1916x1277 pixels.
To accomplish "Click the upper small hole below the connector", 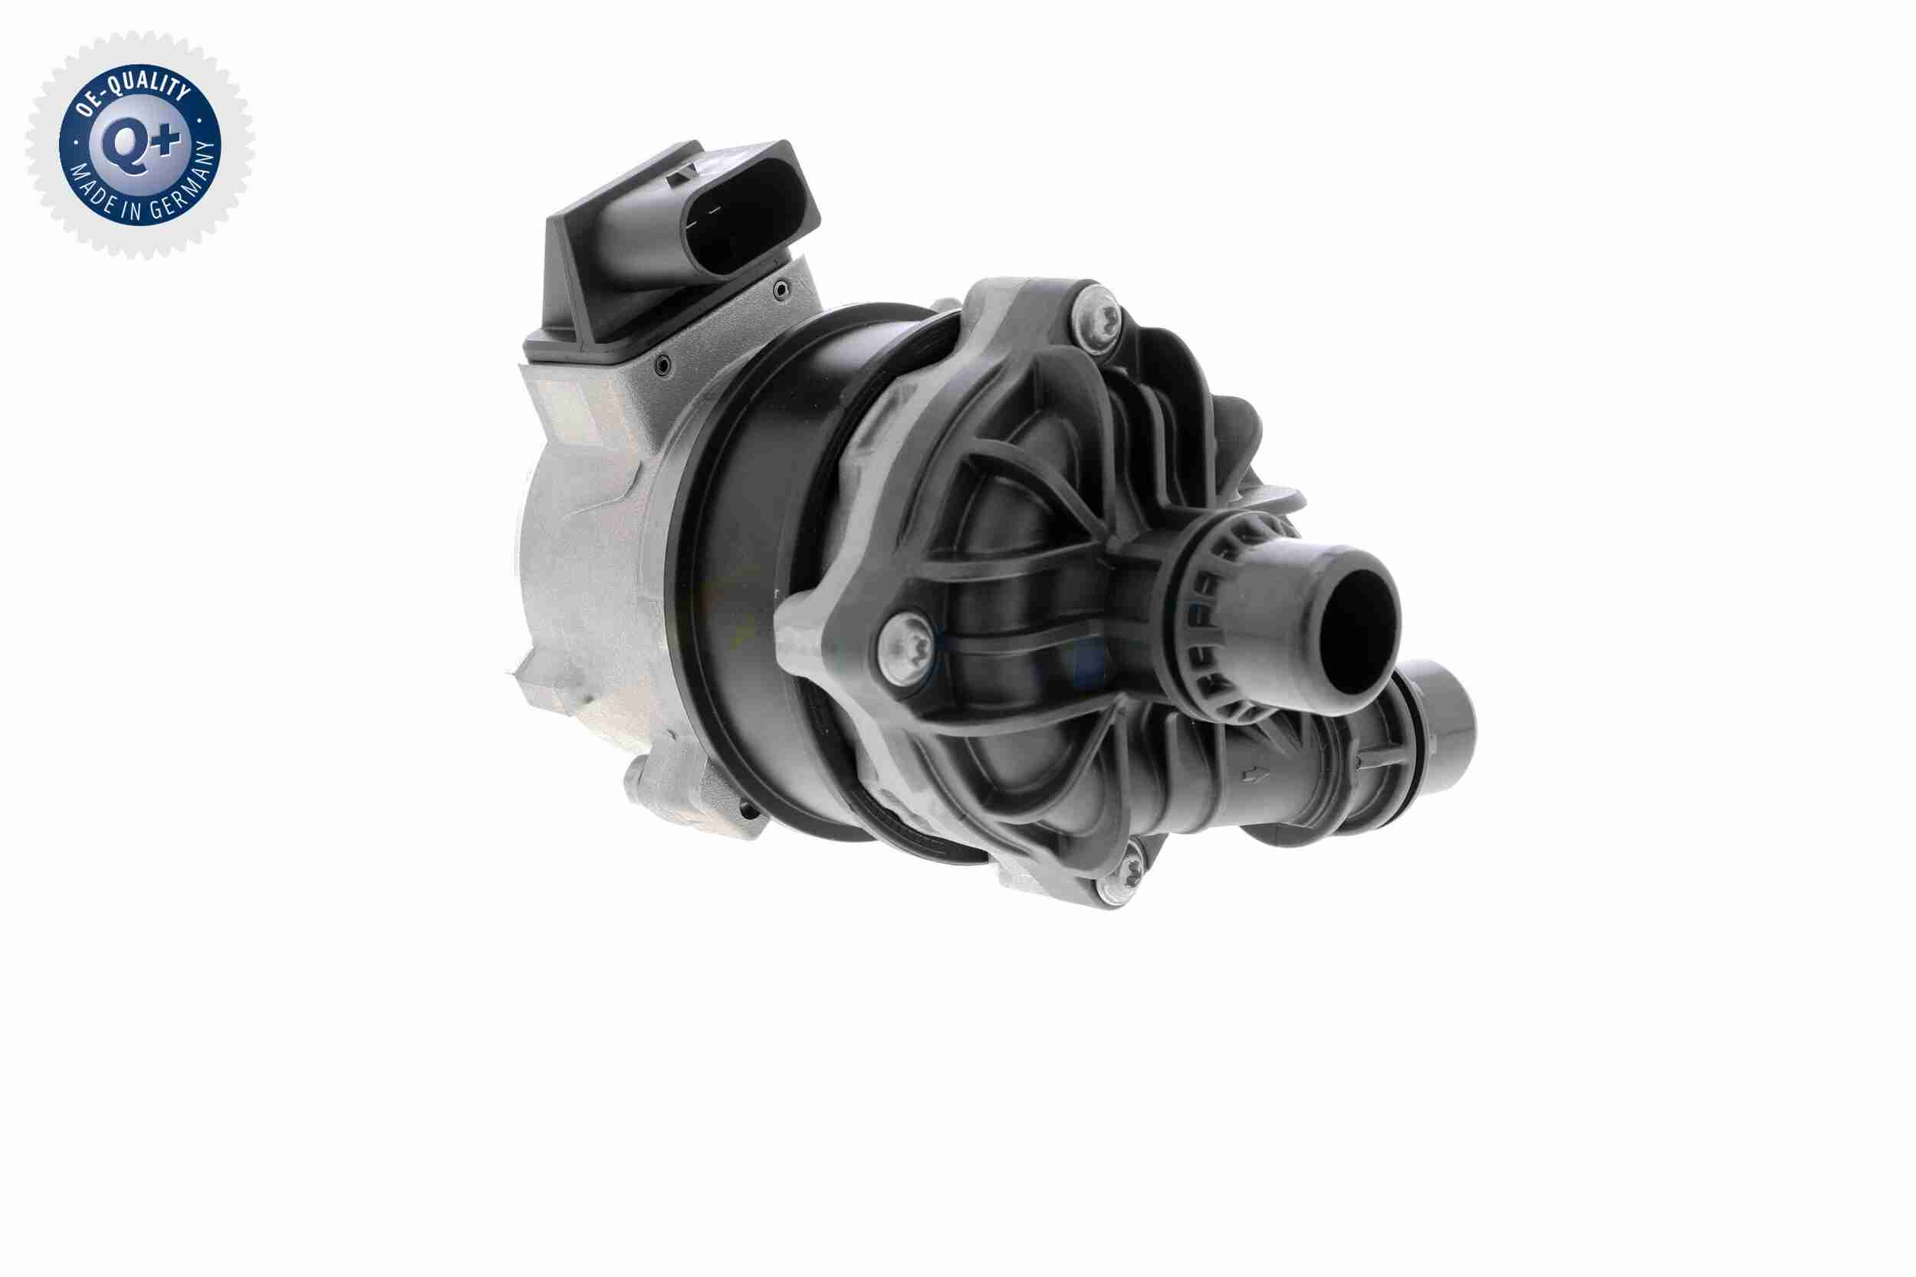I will coord(781,287).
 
